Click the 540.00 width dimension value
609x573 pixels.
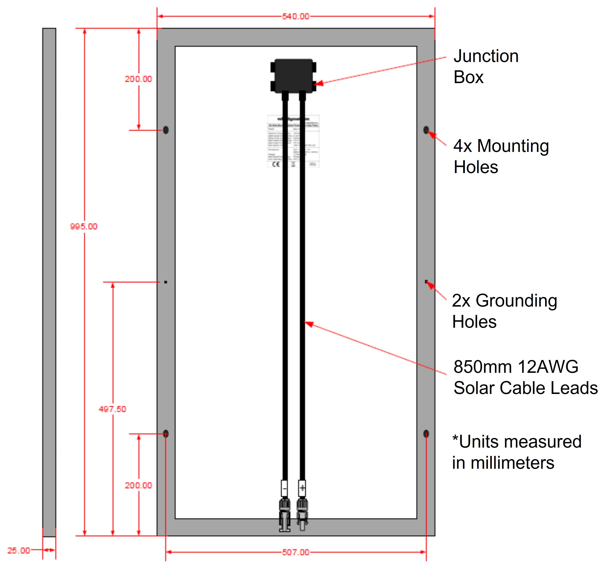(x=296, y=16)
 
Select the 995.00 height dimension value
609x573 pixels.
(x=84, y=226)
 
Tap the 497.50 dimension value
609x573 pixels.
(x=113, y=409)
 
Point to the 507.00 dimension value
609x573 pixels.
(x=296, y=552)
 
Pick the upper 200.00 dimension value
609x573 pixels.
(x=138, y=79)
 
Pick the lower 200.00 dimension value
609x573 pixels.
(x=138, y=485)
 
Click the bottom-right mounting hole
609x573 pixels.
(x=426, y=433)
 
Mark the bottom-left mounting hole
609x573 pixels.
(x=166, y=433)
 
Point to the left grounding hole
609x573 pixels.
(x=166, y=282)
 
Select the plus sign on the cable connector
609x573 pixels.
(x=302, y=488)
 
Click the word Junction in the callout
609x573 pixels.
(x=486, y=56)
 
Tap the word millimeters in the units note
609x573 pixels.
(x=512, y=463)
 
